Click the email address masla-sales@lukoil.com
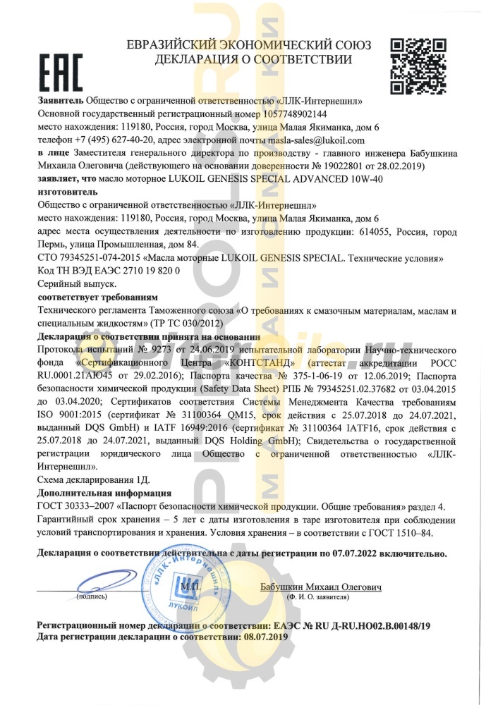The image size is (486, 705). (x=305, y=140)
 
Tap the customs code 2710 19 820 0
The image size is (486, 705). (x=141, y=271)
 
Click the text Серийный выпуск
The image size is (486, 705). (x=66, y=284)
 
